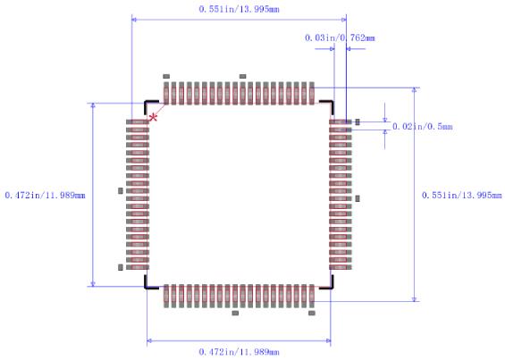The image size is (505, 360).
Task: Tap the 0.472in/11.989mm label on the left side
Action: pos(45,195)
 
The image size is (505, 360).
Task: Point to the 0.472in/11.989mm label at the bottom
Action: pos(238,351)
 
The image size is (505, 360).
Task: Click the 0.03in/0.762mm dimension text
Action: pos(340,38)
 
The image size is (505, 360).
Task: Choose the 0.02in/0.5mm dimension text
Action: pos(423,127)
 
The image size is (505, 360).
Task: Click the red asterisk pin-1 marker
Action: pos(154,117)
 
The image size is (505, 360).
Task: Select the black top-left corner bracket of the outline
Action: pos(149,104)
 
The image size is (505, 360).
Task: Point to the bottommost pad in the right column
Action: pos(341,267)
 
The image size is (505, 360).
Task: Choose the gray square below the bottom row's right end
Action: pos(312,314)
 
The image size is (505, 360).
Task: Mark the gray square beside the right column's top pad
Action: pos(358,121)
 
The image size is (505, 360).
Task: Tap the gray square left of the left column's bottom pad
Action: pos(121,267)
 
